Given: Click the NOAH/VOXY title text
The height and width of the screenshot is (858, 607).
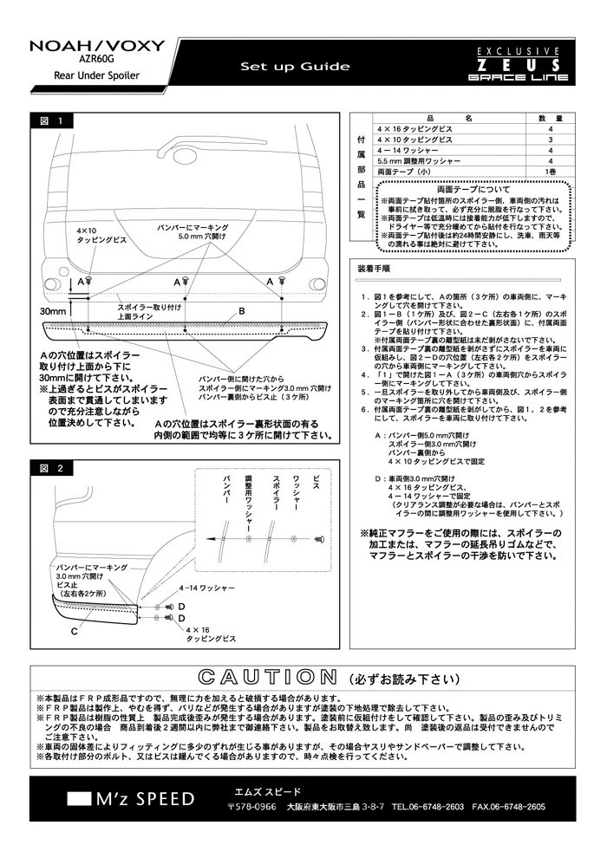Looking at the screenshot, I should (x=83, y=47).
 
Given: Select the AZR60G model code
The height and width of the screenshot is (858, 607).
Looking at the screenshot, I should (x=95, y=62).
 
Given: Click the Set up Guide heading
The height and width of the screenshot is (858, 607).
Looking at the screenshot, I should (x=295, y=67).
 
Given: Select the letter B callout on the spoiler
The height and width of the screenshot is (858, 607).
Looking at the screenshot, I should (x=242, y=310).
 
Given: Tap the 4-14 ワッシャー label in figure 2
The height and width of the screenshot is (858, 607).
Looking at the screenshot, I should (x=206, y=588).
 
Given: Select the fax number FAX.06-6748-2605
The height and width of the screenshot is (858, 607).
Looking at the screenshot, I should (x=508, y=807).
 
